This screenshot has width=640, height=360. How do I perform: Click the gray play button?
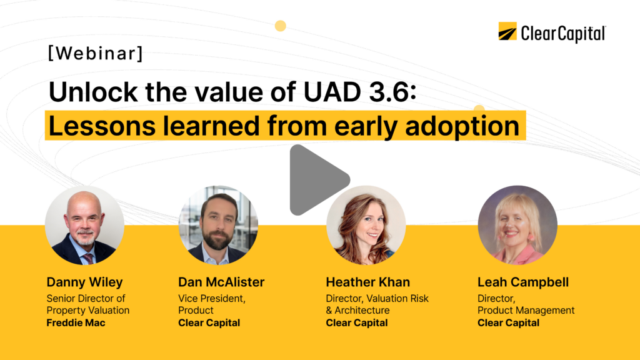(x=316, y=179)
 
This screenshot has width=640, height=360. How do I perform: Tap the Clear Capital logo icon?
(x=507, y=31)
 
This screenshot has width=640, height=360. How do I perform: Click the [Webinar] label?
(x=96, y=53)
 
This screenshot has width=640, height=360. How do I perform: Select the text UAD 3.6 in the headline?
(x=359, y=91)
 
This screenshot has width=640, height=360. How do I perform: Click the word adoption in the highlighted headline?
(x=462, y=126)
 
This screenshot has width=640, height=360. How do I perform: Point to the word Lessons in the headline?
(x=102, y=125)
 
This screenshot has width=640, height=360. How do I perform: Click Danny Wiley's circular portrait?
(x=84, y=225)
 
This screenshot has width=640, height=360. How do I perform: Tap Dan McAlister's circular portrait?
(x=218, y=225)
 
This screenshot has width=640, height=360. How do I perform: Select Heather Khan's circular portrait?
(x=366, y=225)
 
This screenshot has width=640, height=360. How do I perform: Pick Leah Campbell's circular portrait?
(x=517, y=225)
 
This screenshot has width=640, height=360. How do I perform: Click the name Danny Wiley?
(x=84, y=282)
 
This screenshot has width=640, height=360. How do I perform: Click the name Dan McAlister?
(x=221, y=282)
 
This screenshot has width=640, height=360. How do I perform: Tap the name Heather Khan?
(x=367, y=282)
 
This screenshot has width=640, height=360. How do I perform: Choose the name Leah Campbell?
(x=523, y=282)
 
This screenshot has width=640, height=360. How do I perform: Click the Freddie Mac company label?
(x=76, y=323)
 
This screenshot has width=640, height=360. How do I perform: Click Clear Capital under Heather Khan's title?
(x=357, y=323)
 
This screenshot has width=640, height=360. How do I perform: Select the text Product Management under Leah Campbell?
(x=526, y=311)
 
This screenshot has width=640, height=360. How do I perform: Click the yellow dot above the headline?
(x=281, y=26)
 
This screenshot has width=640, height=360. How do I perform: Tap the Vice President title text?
(x=212, y=298)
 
